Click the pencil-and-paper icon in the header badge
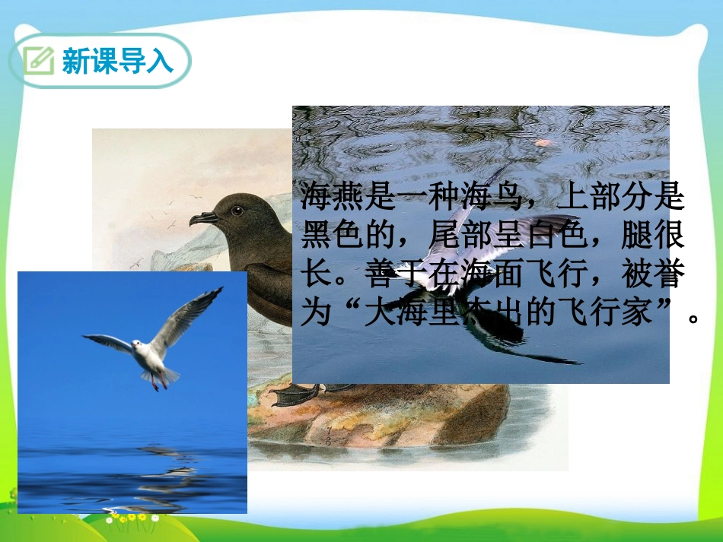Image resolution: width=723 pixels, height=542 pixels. [39, 60]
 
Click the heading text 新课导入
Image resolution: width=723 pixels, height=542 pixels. [117, 61]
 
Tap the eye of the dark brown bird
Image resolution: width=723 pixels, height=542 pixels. [237, 209]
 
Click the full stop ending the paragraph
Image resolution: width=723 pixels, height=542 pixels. [693, 319]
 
